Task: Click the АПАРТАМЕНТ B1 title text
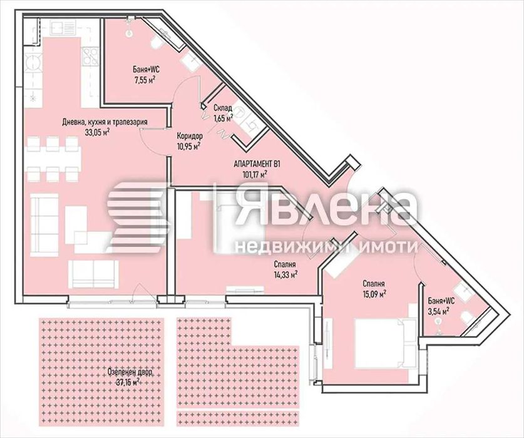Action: tap(257, 164)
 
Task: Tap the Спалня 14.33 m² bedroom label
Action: tap(285, 268)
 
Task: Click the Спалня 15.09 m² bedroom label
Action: tap(372, 287)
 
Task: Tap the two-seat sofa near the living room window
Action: tap(93, 273)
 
